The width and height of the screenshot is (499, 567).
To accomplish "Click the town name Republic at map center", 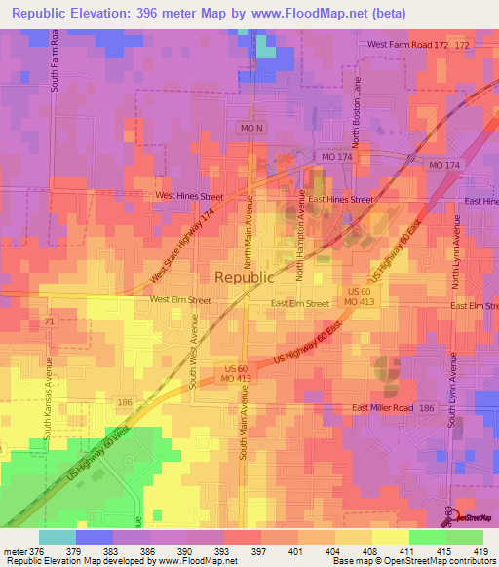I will pos(244,276).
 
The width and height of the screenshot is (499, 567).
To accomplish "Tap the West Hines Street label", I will pos(190,196).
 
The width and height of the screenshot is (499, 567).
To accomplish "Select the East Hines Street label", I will pos(335,199).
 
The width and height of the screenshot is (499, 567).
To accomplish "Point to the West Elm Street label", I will pos(179,301).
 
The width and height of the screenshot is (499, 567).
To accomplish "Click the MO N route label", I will pos(250,128).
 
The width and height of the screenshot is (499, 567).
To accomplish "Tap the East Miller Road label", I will pos(383,408).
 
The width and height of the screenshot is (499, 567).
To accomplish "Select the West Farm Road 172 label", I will pos(408,45).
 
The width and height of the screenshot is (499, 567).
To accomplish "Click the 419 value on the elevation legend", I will pos(481,551).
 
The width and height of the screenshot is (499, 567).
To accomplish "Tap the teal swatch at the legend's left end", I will pos(57,537).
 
